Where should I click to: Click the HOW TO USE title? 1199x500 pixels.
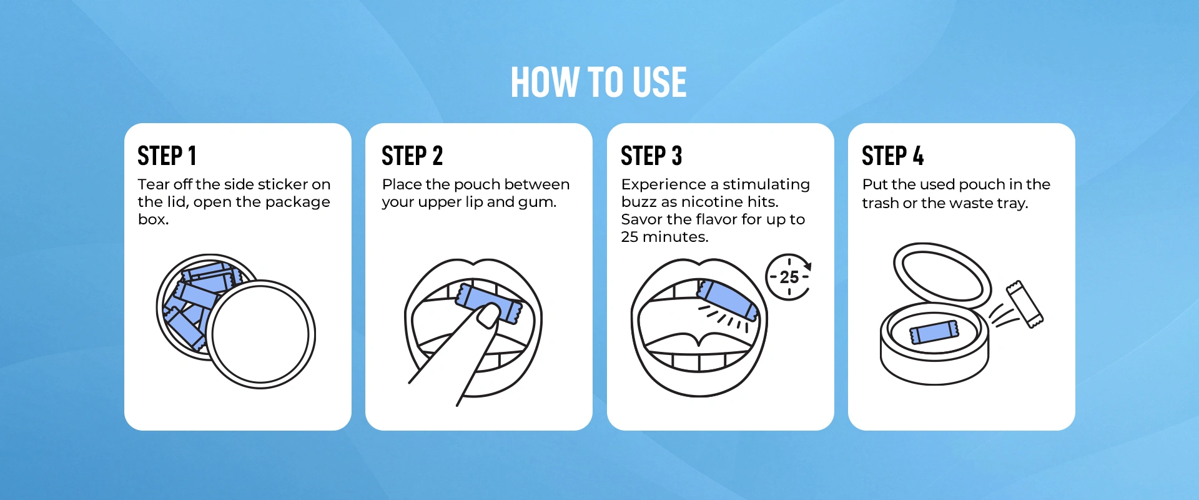pyautogui.click(x=599, y=82)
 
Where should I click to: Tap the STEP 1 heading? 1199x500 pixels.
pyautogui.click(x=167, y=156)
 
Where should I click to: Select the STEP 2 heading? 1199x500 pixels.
pyautogui.click(x=412, y=156)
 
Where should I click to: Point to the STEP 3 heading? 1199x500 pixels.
pyautogui.click(x=651, y=156)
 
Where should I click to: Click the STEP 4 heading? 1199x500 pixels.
pyautogui.click(x=893, y=156)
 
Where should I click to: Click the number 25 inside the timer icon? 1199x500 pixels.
pyautogui.click(x=789, y=277)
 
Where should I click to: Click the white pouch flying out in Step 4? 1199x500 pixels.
pyautogui.click(x=1025, y=304)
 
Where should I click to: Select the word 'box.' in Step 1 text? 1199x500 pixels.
pyautogui.click(x=154, y=219)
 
